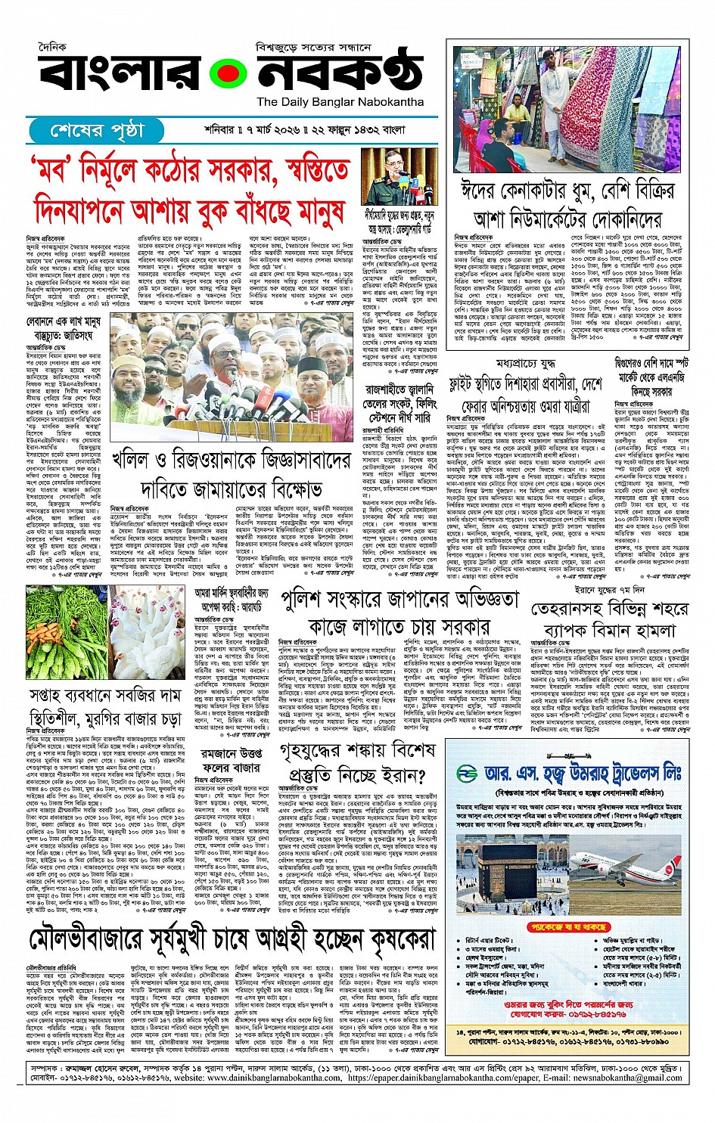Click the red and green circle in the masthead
[x=229, y=74]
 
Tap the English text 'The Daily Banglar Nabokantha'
[x=340, y=102]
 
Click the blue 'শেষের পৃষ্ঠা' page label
[x=95, y=131]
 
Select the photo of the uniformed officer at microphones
[x=399, y=176]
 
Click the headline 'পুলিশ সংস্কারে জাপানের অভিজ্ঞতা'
[x=399, y=600]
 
